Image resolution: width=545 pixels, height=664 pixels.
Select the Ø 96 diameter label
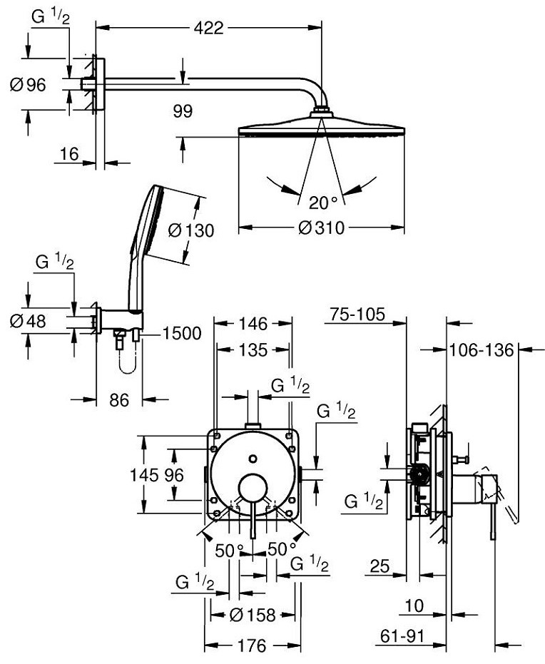coord(28,85)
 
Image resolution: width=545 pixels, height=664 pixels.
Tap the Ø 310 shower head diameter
coord(321,228)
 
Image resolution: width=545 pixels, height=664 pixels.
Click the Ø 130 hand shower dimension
coord(191,230)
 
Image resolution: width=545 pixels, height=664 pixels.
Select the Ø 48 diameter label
coord(28,321)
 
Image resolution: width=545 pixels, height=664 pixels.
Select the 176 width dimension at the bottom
coord(251,645)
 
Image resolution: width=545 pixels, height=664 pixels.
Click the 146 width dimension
coord(253,325)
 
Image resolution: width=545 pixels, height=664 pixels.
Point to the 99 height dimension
coord(183,111)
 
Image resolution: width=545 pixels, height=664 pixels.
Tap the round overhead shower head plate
coord(321,130)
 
